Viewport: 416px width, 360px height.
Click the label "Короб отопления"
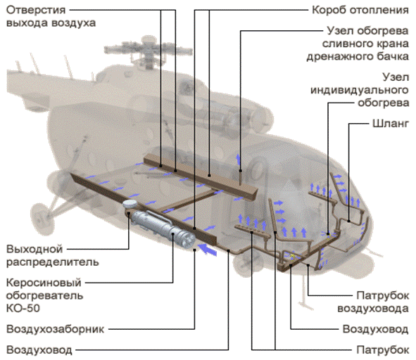click(360, 10)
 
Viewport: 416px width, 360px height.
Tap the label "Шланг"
click(391, 124)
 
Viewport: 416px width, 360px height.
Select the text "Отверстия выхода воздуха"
click(51, 16)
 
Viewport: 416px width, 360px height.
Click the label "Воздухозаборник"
click(55, 329)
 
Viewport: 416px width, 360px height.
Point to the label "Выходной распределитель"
click(53, 255)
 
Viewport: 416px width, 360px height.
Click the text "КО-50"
click(23, 308)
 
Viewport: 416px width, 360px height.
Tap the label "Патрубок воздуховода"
click(373, 302)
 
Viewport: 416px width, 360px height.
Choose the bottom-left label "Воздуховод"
click(39, 350)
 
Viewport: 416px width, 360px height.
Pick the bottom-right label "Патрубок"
click(383, 350)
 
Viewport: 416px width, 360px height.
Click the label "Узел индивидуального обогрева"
click(360, 90)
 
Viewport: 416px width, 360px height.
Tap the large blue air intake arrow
click(207, 250)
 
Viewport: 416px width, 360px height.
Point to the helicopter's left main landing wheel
click(42, 216)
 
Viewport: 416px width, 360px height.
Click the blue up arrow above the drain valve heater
click(238, 159)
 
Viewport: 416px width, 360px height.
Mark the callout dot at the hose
click(349, 221)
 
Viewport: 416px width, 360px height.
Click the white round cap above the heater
click(130, 204)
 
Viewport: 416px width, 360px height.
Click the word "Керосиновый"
click(44, 283)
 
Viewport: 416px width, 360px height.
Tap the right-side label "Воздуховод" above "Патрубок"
click(376, 329)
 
